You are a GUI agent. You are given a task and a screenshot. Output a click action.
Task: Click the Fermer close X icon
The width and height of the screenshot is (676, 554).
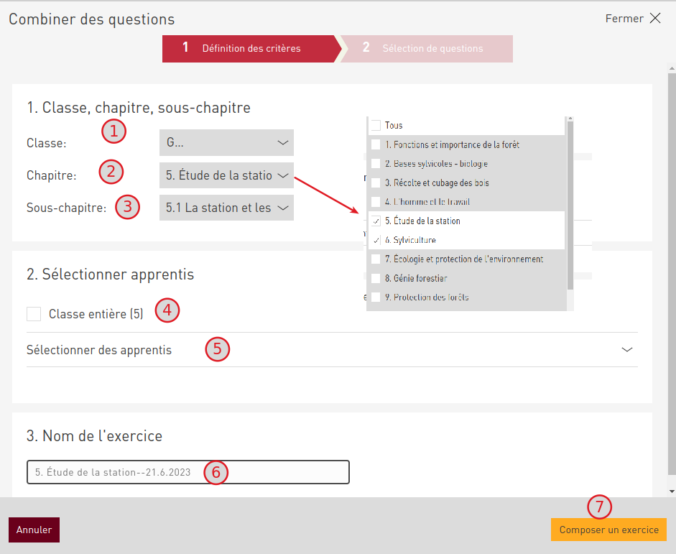[x=655, y=18]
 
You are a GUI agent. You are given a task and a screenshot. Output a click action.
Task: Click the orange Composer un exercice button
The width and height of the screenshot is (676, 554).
[x=608, y=530]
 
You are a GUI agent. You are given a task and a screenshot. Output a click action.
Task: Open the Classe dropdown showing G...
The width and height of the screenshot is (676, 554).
[x=226, y=142]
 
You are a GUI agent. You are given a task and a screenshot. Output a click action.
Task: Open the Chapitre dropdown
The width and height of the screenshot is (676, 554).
[x=226, y=175]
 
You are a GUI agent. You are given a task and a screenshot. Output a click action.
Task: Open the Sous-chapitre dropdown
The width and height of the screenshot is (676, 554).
[x=226, y=208]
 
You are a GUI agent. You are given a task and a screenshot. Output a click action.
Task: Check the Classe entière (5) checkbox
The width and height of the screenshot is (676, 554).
[x=34, y=314]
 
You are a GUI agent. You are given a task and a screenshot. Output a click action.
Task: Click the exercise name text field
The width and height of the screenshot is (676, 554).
[x=188, y=472]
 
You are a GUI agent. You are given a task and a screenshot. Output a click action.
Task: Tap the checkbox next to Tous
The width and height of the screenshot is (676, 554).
[x=376, y=126]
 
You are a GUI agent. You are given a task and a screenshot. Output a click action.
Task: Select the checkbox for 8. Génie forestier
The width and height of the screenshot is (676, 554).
[x=376, y=278]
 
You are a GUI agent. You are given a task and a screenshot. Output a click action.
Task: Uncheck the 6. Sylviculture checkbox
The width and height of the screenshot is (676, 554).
[x=376, y=240]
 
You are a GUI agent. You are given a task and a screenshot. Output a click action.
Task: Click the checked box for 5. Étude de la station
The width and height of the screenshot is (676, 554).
[x=376, y=221]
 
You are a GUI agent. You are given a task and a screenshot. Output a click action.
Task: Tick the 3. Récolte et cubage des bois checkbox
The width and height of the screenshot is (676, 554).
[x=376, y=183]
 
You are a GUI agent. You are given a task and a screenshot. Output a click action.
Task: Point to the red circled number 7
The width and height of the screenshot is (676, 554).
[x=599, y=507]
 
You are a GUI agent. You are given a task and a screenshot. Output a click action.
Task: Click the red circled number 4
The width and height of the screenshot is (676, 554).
[x=167, y=310]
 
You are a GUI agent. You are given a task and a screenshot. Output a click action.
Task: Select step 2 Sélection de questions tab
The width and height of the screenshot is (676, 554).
[x=427, y=49]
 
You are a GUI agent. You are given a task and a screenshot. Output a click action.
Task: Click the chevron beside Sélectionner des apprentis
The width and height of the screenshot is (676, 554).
[x=627, y=350]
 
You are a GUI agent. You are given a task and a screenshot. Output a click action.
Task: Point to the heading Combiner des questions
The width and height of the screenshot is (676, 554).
[x=92, y=19]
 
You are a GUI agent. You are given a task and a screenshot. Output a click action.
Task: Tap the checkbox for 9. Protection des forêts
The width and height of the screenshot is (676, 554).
[x=376, y=297]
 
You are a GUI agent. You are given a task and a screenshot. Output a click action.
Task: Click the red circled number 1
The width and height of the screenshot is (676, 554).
[x=114, y=131]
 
